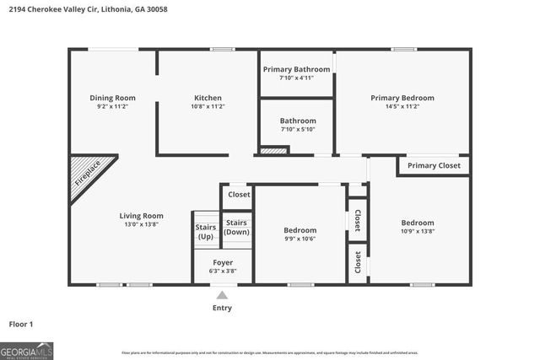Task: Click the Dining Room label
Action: (112, 98)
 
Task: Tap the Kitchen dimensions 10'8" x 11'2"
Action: (208, 107)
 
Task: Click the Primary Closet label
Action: (434, 166)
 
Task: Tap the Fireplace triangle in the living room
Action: (85, 175)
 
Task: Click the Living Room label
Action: (141, 216)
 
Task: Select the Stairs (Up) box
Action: (206, 232)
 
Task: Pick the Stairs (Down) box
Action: (236, 228)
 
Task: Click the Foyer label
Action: (223, 262)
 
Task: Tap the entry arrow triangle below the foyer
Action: (222, 295)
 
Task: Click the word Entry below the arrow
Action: (222, 309)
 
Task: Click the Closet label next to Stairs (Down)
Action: (239, 195)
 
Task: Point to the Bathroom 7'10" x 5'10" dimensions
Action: (298, 129)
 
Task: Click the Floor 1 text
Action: (21, 324)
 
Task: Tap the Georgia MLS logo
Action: (26, 350)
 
